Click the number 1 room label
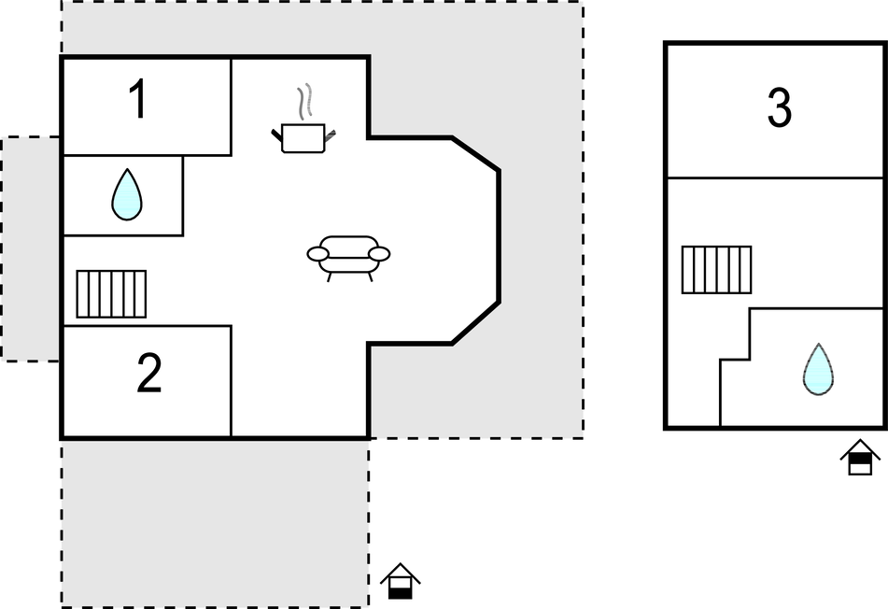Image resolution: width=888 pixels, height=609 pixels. (x=139, y=99)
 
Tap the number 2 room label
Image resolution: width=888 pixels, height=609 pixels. (x=149, y=372)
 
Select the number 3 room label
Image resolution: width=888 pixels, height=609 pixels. (x=780, y=107)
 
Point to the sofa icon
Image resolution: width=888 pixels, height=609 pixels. (x=348, y=259)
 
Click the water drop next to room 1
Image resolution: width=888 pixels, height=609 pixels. (x=127, y=194)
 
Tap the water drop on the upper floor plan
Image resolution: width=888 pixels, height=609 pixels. (x=818, y=369)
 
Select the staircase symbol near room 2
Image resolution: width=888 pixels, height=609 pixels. (x=111, y=294)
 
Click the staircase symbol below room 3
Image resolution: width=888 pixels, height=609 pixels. (x=716, y=270)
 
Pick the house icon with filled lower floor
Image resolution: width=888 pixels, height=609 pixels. (x=401, y=581)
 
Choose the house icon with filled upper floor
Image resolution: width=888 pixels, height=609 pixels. (x=860, y=457)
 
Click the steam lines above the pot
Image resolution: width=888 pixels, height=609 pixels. (x=305, y=102)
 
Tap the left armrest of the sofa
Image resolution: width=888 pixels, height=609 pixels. (x=317, y=254)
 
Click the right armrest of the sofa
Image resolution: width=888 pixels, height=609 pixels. (x=379, y=254)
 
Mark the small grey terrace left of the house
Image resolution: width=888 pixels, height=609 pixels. (x=31, y=248)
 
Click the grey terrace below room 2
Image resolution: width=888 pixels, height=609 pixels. (x=215, y=523)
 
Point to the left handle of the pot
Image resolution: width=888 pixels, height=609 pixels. (x=277, y=135)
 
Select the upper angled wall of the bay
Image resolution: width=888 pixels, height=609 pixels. (x=475, y=153)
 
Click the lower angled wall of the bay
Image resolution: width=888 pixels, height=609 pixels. (x=475, y=323)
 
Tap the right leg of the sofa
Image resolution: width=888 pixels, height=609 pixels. (x=371, y=276)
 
